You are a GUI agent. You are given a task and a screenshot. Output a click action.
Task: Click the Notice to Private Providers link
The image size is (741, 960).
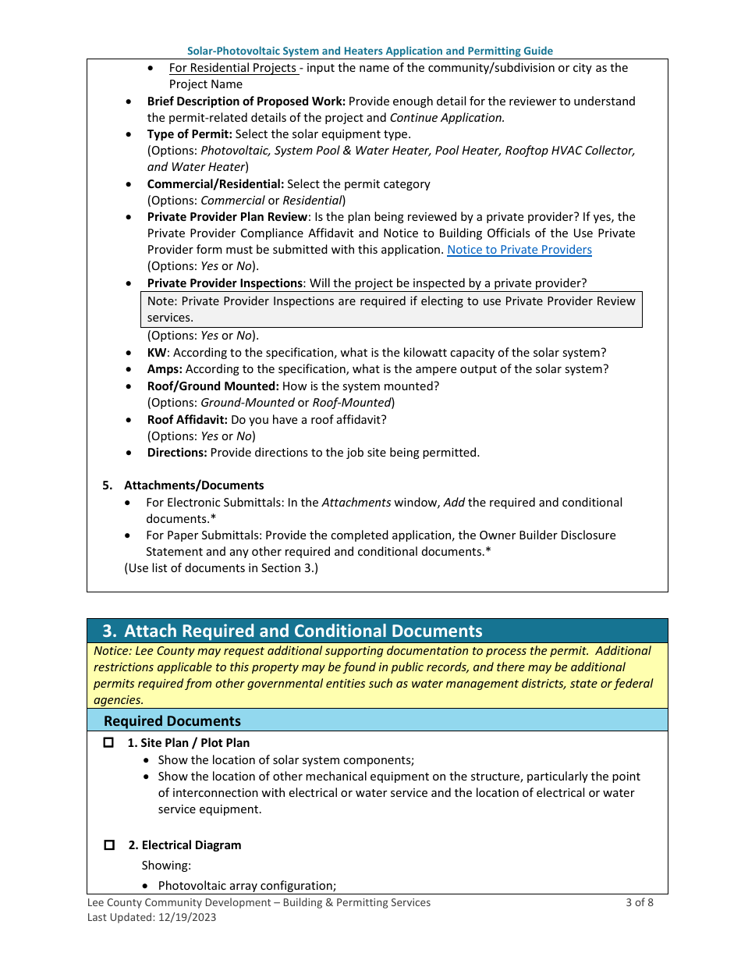click(519, 250)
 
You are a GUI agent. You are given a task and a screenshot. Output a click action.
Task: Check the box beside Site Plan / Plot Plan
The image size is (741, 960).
click(109, 743)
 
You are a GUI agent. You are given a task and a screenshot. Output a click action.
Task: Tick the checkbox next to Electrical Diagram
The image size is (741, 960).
click(109, 845)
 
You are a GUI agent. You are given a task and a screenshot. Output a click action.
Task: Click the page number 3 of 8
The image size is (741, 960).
click(639, 902)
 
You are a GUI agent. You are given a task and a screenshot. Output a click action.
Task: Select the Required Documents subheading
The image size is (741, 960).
click(172, 721)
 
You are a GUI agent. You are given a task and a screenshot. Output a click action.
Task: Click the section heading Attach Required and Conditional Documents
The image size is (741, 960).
click(303, 631)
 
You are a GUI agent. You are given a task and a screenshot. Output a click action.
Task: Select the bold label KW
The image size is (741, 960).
click(157, 353)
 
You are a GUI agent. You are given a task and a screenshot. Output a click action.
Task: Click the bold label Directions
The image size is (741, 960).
click(176, 453)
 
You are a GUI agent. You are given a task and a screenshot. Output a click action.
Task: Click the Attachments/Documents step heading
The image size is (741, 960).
click(193, 485)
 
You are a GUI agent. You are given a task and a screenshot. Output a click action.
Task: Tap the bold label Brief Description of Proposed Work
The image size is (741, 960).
click(246, 101)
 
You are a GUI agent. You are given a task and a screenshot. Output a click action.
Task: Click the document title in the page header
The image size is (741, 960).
click(370, 51)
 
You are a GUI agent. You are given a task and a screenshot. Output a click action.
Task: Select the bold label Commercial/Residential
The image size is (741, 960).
click(215, 184)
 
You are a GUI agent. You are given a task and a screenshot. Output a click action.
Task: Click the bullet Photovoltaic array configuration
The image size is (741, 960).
click(246, 886)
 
